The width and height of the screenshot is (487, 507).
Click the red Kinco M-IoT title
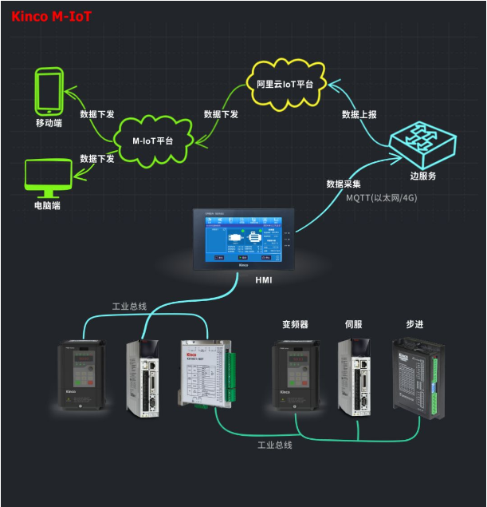52,15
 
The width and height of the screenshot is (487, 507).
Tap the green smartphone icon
49,91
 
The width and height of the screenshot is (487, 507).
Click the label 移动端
49,123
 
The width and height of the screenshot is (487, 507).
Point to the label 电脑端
48,205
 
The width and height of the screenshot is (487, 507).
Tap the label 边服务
422,176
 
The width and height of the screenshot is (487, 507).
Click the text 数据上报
359,114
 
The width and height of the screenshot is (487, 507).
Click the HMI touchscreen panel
243,239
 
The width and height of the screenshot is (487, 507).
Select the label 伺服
354,325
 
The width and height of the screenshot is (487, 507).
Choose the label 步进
415,325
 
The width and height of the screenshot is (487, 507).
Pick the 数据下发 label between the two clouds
221,114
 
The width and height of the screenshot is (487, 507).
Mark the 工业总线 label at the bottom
275,445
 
